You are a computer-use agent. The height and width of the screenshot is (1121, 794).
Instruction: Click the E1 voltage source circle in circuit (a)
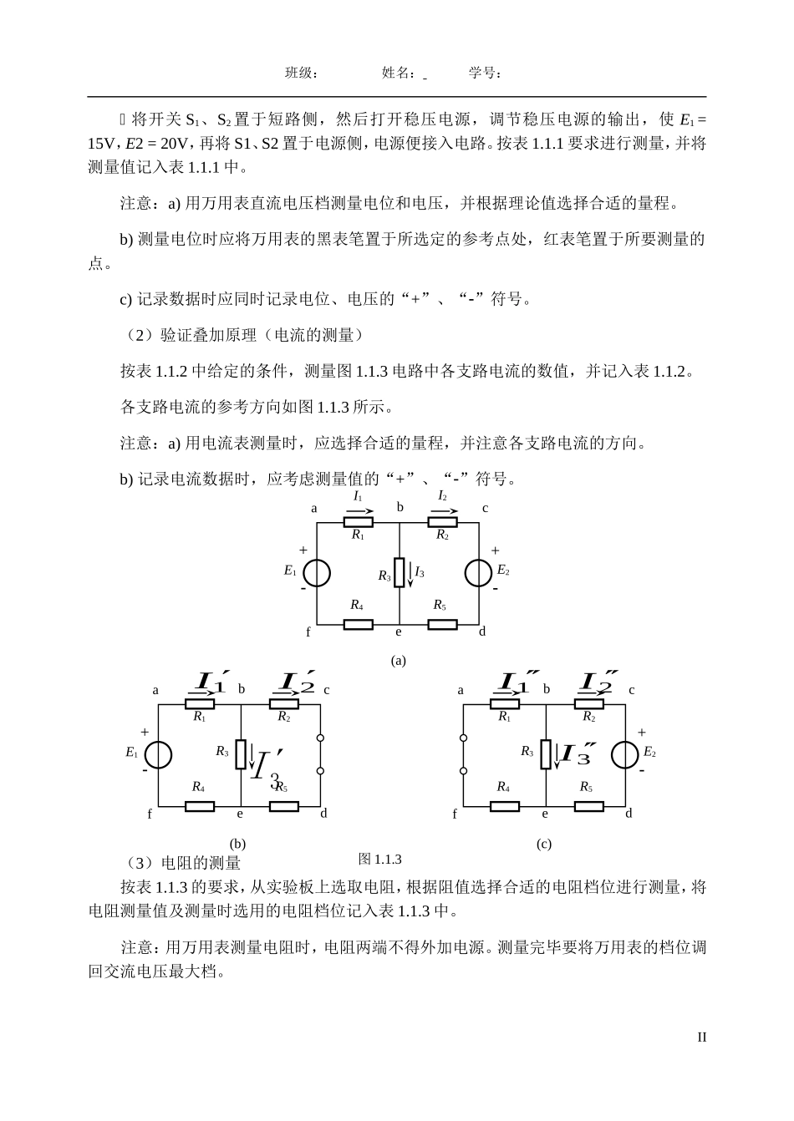(317, 573)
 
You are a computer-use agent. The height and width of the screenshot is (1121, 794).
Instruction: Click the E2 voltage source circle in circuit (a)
(478, 573)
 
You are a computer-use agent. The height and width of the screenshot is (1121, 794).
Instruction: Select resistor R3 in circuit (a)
(400, 573)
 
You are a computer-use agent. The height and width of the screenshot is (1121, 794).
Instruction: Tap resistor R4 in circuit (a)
(358, 624)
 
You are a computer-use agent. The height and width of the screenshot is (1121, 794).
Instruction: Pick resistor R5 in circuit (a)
(442, 624)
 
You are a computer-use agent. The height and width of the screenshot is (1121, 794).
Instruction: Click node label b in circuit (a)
(400, 507)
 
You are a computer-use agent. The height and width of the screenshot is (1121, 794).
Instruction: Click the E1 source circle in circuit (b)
(159, 754)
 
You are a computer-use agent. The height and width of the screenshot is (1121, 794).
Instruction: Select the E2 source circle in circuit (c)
(625, 754)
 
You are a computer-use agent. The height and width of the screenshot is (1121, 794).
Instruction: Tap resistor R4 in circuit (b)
(199, 806)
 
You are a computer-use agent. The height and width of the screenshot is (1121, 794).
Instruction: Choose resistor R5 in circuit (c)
(588, 806)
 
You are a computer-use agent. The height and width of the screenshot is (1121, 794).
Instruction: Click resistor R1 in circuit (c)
(505, 703)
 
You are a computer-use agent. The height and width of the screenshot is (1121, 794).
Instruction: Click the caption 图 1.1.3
(379, 859)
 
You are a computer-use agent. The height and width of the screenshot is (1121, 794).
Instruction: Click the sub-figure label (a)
(398, 660)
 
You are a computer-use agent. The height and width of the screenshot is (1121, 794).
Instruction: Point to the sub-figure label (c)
(543, 844)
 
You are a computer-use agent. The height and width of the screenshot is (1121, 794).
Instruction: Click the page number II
(701, 1037)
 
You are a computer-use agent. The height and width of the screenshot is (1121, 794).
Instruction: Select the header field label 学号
(483, 74)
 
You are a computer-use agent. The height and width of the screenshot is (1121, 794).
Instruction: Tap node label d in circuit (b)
(324, 813)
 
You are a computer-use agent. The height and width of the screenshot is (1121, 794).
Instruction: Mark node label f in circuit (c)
(455, 813)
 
